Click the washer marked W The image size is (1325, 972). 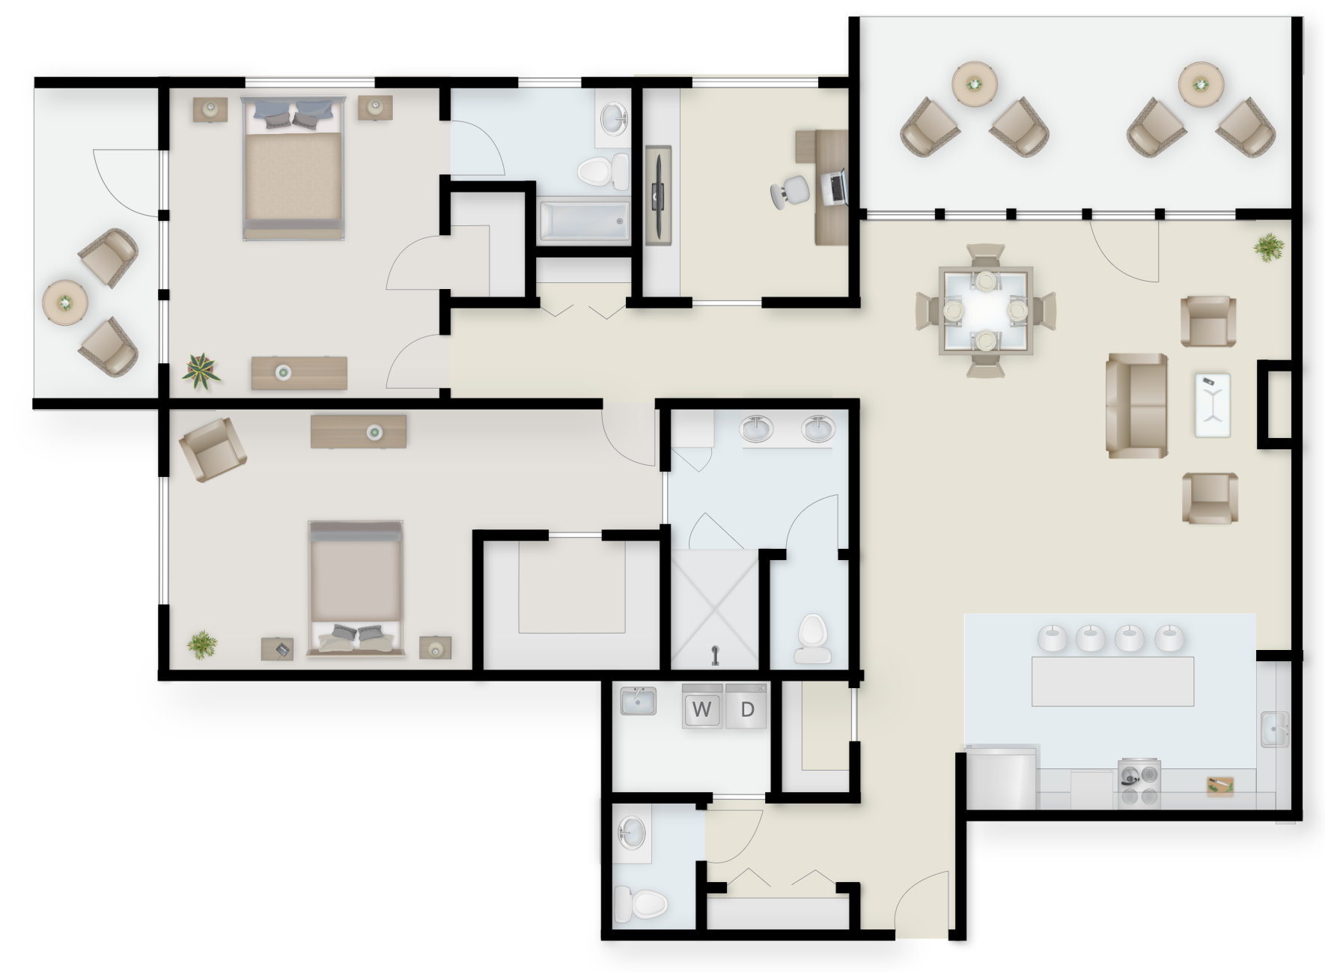(702, 705)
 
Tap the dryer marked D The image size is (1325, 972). (746, 705)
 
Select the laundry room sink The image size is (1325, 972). (638, 701)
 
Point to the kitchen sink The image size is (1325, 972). (1274, 729)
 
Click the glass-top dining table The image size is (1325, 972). (985, 309)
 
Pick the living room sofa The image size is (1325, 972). (1136, 406)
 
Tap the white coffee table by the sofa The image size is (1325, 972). (1213, 404)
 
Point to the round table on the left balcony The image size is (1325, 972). (66, 303)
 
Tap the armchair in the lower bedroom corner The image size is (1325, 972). (212, 449)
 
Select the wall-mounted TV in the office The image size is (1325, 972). (658, 195)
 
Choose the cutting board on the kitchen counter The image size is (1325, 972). (1220, 785)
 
